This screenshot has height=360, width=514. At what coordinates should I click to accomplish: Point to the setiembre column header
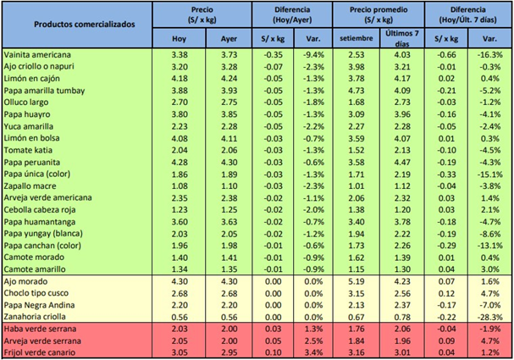pyautogui.click(x=356, y=38)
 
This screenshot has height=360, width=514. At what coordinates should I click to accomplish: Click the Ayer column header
pyautogui.click(x=228, y=38)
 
